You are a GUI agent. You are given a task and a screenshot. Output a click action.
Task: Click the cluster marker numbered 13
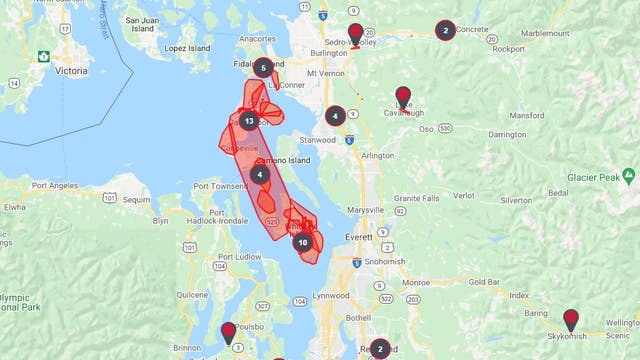click(248, 121)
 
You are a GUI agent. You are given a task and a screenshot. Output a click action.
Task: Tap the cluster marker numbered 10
click(303, 242)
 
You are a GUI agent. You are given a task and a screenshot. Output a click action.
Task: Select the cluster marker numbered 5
click(262, 68)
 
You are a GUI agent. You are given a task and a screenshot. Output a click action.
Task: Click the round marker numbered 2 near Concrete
click(445, 30)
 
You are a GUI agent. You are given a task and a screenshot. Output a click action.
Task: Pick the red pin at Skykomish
click(570, 319)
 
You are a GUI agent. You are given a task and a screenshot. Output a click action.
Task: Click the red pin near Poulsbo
click(229, 331)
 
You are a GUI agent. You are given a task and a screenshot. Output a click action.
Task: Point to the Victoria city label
click(69, 72)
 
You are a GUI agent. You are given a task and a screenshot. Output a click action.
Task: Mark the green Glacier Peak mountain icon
click(628, 175)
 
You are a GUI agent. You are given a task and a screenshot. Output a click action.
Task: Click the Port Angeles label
click(54, 185)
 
